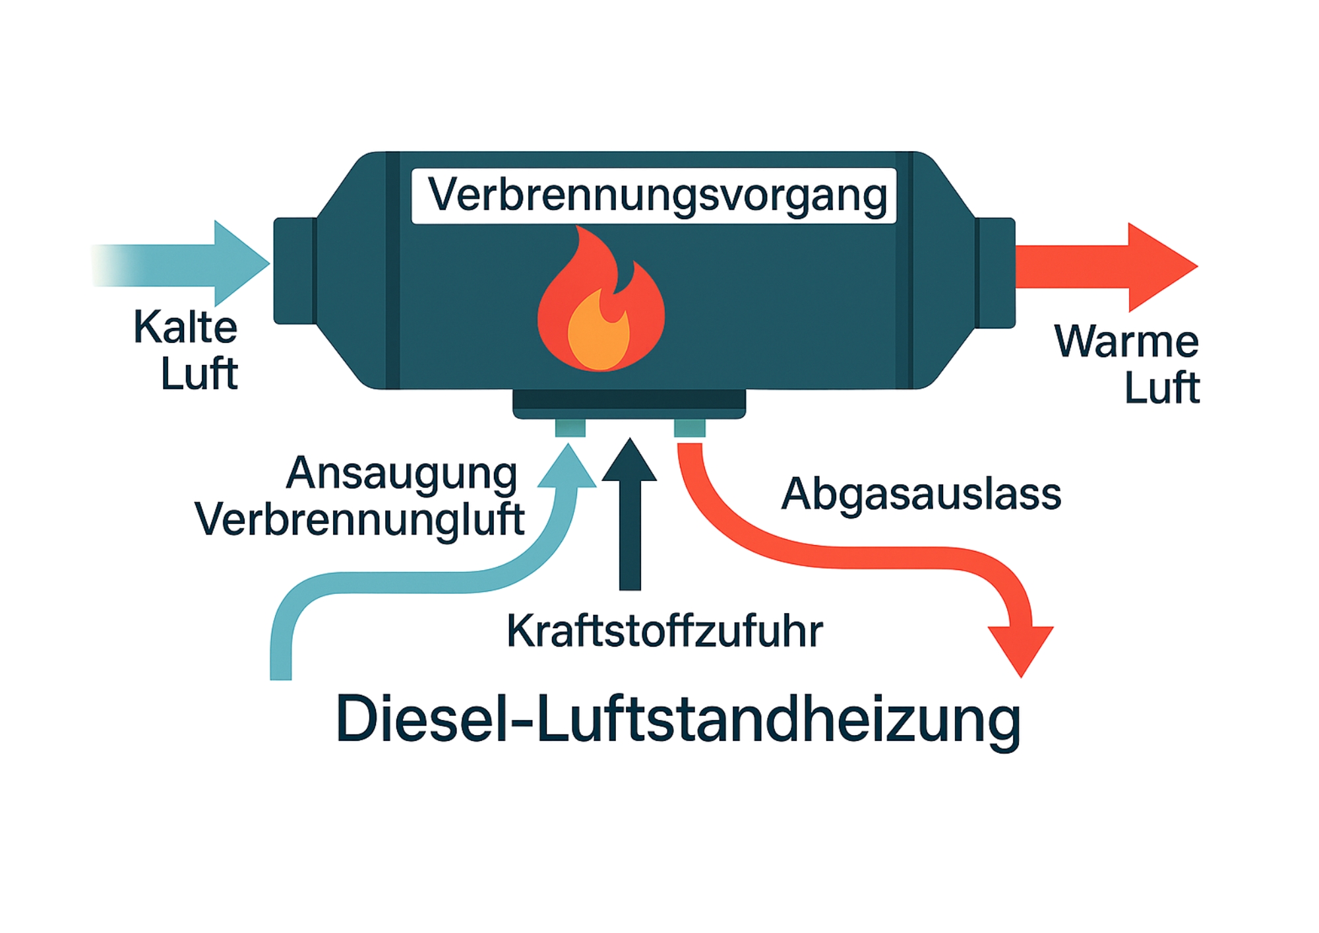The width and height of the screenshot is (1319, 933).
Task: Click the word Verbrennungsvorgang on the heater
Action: click(657, 195)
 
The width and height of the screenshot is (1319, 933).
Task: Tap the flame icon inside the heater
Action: click(600, 304)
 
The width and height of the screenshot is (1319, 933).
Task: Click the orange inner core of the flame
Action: click(599, 333)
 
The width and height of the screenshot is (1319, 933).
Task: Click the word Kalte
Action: click(185, 327)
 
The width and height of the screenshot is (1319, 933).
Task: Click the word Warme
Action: click(1126, 341)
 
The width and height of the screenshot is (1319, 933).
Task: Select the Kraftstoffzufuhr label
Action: click(664, 631)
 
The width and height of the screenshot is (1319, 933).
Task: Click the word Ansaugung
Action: click(402, 474)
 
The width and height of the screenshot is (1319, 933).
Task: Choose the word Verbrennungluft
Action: click(359, 520)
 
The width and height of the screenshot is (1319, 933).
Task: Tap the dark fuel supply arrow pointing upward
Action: click(630, 515)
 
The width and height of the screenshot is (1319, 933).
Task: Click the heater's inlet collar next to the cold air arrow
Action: click(295, 271)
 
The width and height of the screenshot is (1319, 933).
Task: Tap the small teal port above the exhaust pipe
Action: click(689, 428)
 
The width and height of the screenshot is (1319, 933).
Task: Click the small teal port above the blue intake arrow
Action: click(570, 428)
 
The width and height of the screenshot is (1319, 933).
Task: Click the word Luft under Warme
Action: click(1161, 387)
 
